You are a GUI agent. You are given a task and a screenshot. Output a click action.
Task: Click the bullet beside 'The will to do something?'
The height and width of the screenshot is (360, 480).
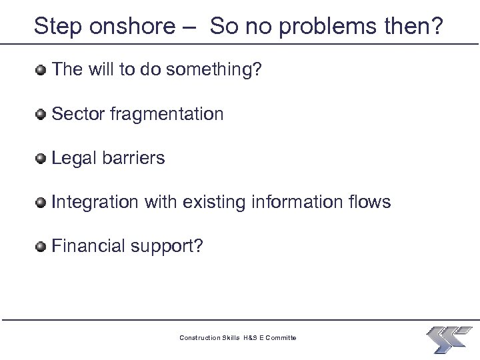[42, 70]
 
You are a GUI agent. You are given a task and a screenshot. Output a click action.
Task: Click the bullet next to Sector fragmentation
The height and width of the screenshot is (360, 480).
[42, 115]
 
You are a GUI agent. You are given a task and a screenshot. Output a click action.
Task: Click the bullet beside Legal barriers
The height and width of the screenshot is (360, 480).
[42, 159]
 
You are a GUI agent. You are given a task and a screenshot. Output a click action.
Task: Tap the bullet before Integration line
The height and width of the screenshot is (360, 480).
[42, 203]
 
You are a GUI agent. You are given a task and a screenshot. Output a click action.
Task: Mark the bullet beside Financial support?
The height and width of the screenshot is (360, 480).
[42, 247]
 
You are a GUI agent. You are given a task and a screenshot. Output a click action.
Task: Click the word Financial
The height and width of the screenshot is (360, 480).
[90, 247]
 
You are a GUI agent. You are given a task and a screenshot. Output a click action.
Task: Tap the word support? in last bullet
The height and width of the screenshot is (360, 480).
[169, 247]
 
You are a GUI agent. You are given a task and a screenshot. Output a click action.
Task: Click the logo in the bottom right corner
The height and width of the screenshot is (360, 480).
[449, 339]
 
